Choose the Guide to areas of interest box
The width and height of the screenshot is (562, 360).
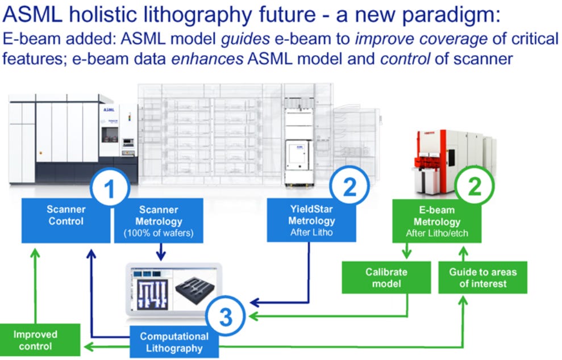(482, 277)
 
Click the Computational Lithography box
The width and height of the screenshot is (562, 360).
(174, 342)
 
